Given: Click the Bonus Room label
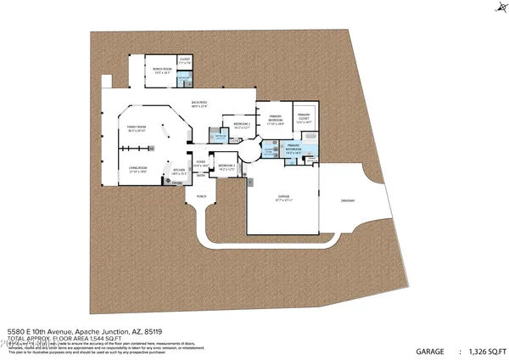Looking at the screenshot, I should [x=162, y=69].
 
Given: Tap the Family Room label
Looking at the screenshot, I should [x=137, y=130].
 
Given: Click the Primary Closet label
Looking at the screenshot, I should [x=303, y=118].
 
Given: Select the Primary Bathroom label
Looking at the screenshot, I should [x=294, y=147].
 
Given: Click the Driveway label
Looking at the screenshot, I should [x=349, y=200].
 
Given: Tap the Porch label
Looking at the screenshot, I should [x=201, y=196].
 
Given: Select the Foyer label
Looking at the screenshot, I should [x=201, y=163].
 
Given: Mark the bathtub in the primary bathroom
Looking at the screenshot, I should [x=310, y=155].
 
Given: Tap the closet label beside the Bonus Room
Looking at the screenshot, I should [x=185, y=61].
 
